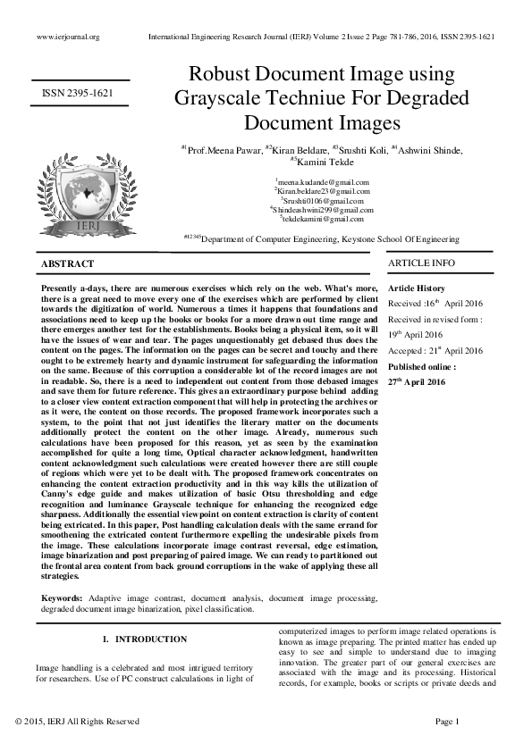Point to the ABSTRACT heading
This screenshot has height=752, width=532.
pyautogui.click(x=67, y=264)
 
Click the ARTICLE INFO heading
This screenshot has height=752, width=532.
pyautogui.click(x=421, y=263)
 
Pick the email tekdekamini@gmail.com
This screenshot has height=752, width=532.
pyautogui.click(x=322, y=219)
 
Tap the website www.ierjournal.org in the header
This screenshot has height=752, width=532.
pyautogui.click(x=68, y=37)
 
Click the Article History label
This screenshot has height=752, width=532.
pyautogui.click(x=416, y=288)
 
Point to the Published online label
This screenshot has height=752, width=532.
pyautogui.click(x=422, y=366)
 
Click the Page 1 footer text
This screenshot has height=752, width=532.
pyautogui.click(x=446, y=721)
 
